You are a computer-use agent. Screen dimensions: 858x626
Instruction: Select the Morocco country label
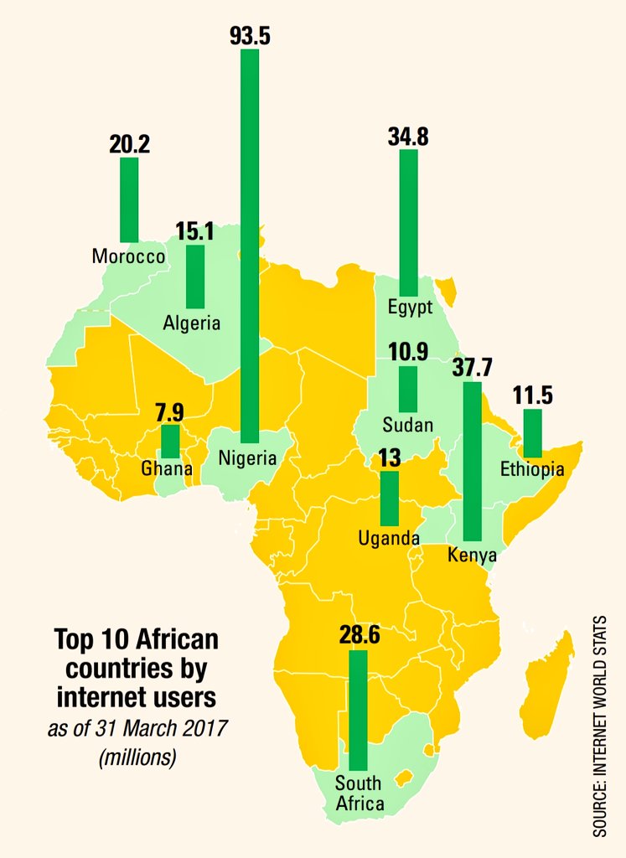[128, 256]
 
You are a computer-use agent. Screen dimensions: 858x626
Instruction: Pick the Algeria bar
[195, 277]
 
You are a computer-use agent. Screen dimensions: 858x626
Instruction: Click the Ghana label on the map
[167, 468]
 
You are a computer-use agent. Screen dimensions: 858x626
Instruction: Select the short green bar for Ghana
[170, 441]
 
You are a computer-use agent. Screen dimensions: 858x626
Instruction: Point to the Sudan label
[407, 425]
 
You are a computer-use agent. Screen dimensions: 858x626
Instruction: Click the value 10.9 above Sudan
[408, 353]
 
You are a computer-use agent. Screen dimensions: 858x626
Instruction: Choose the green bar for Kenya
[473, 461]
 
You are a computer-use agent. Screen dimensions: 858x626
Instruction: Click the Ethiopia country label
[532, 469]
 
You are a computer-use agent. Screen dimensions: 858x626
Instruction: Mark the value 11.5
[533, 395]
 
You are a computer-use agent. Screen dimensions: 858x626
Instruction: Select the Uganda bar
[390, 499]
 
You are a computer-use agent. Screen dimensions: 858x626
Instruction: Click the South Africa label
[358, 793]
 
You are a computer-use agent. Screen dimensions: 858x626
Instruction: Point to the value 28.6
[360, 635]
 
